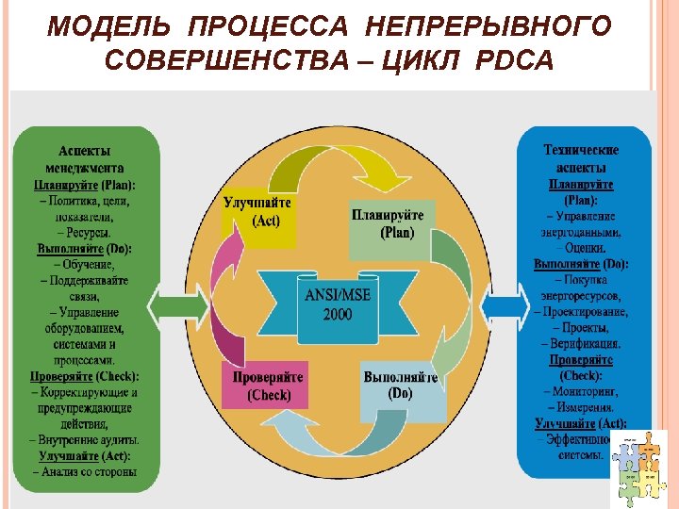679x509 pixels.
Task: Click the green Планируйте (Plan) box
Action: point(389,225)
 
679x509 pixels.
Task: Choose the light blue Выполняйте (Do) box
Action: point(402,386)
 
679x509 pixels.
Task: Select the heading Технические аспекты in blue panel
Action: point(581,157)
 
